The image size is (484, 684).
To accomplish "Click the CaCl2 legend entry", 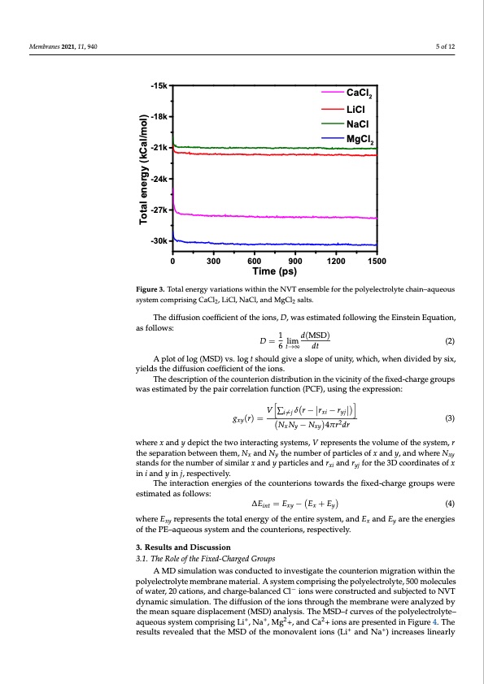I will [x=355, y=94].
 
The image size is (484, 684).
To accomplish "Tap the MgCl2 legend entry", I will [x=355, y=139].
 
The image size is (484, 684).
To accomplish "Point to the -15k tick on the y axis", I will [x=159, y=85].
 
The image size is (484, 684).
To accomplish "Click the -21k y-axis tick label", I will [x=159, y=147].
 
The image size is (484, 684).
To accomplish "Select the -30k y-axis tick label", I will [x=159, y=241].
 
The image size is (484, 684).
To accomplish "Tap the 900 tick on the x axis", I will [x=294, y=262].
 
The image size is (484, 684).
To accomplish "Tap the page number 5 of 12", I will [x=445, y=44].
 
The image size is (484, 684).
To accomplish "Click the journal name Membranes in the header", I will [x=46, y=44].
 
